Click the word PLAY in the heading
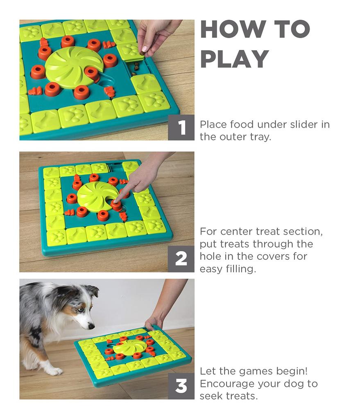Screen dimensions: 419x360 (234, 59)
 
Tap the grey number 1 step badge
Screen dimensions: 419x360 (181, 128)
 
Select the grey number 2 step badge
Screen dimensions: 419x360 (181, 259)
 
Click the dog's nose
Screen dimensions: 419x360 (91, 326)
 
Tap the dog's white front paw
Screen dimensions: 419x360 (52, 370)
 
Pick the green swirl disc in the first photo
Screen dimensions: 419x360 (73, 68)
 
